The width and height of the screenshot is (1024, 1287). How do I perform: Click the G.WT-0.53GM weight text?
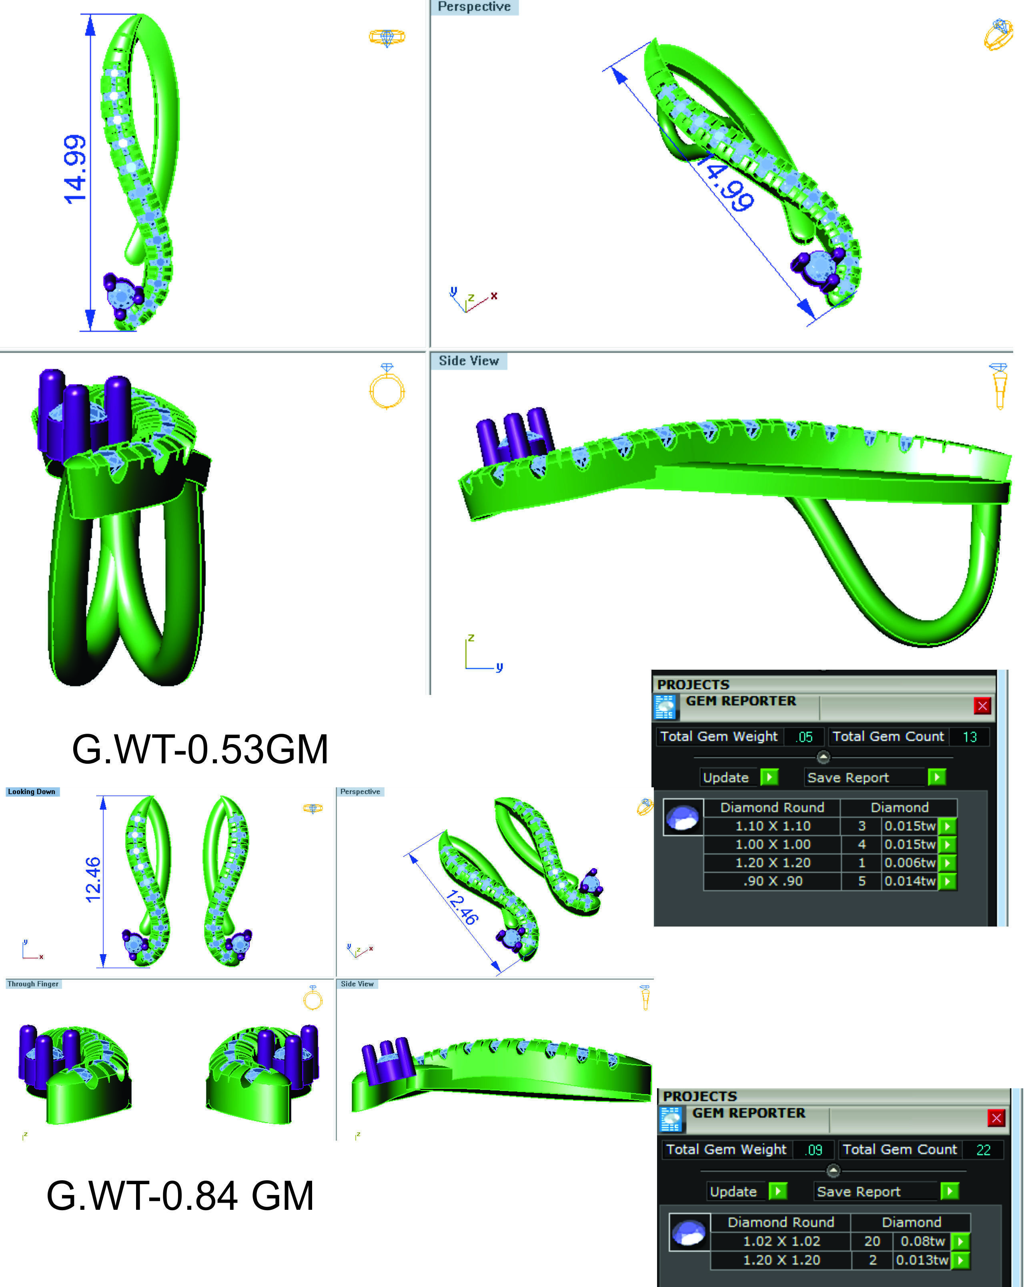click(x=200, y=749)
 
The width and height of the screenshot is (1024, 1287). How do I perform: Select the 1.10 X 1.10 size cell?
click(x=773, y=826)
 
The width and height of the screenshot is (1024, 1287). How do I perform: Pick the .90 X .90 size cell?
click(x=773, y=881)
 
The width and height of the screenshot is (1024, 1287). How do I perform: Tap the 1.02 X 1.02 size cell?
click(x=781, y=1241)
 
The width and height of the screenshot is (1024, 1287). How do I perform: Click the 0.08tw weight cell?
click(x=922, y=1241)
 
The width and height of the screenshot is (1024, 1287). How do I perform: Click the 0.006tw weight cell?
click(x=910, y=863)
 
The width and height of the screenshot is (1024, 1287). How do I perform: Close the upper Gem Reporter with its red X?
click(x=982, y=706)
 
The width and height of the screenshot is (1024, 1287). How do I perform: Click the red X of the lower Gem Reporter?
click(x=996, y=1118)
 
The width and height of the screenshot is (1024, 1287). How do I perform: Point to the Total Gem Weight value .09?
click(x=814, y=1150)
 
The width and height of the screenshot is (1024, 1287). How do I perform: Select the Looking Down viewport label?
click(x=32, y=792)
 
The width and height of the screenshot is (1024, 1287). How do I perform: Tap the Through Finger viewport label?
click(x=33, y=984)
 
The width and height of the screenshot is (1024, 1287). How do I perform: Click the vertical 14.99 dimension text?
click(x=76, y=170)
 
